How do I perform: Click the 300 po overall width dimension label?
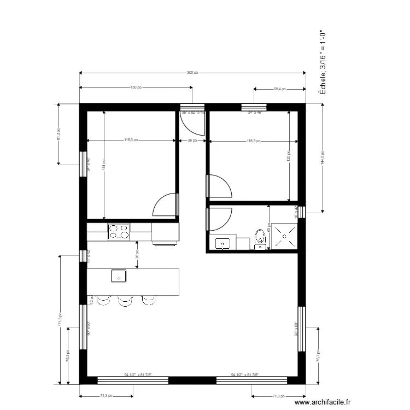(192, 73)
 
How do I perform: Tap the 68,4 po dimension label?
(279, 89)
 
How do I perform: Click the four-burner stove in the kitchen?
(119, 232)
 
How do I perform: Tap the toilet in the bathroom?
(260, 238)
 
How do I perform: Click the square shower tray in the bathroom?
(285, 236)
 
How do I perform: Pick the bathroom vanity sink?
(222, 243)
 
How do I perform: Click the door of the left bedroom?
(166, 206)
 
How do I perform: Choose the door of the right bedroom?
(219, 186)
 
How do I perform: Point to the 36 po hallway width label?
(192, 140)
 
